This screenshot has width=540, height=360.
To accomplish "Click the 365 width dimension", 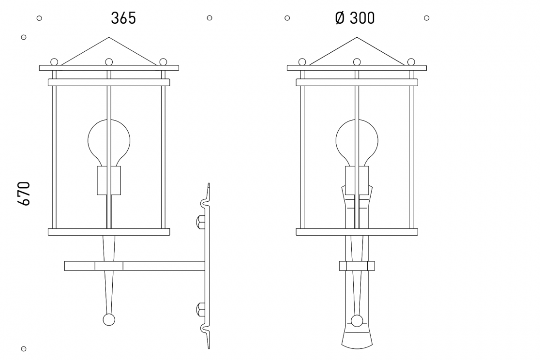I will point(123,18).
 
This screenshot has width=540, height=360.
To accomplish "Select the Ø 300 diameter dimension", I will point(355,18).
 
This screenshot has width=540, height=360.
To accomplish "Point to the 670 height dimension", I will point(24,194).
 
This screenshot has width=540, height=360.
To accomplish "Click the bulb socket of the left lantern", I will point(109,180).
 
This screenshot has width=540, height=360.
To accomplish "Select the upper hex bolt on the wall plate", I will point(200,223).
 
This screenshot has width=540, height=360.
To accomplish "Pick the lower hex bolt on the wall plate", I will point(200,308).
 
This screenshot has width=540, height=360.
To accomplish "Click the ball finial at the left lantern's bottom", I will point(109,319).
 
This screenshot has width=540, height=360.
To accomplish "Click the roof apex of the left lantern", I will point(109,38).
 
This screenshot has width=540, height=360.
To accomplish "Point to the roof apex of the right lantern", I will point(357,38).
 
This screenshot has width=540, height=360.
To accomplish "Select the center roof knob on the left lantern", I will point(109,62).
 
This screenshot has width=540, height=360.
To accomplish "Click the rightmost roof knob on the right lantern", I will point(411,62).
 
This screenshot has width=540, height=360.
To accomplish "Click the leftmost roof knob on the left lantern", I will point(54,62).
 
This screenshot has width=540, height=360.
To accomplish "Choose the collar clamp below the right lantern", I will point(357,266).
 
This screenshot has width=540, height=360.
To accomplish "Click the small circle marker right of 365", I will point(210,18).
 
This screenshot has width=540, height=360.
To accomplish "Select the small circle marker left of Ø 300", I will point(287,18).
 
